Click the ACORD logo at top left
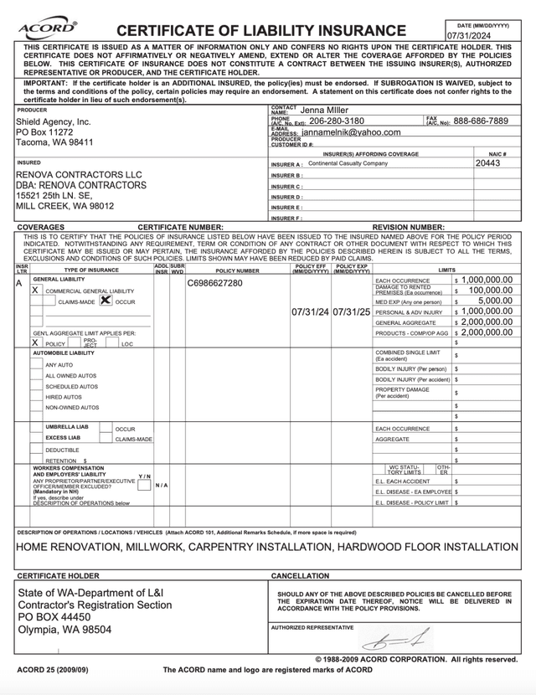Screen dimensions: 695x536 tap(47, 28)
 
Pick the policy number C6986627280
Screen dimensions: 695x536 tap(214, 283)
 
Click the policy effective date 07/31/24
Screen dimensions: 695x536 tap(310, 311)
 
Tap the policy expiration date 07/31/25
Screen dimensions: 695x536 tap(352, 311)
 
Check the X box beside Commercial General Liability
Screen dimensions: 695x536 tap(35, 290)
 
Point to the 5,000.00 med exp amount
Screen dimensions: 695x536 tap(495, 301)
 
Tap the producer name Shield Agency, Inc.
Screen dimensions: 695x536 tap(54, 121)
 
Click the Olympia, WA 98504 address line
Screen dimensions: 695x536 tap(64, 629)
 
